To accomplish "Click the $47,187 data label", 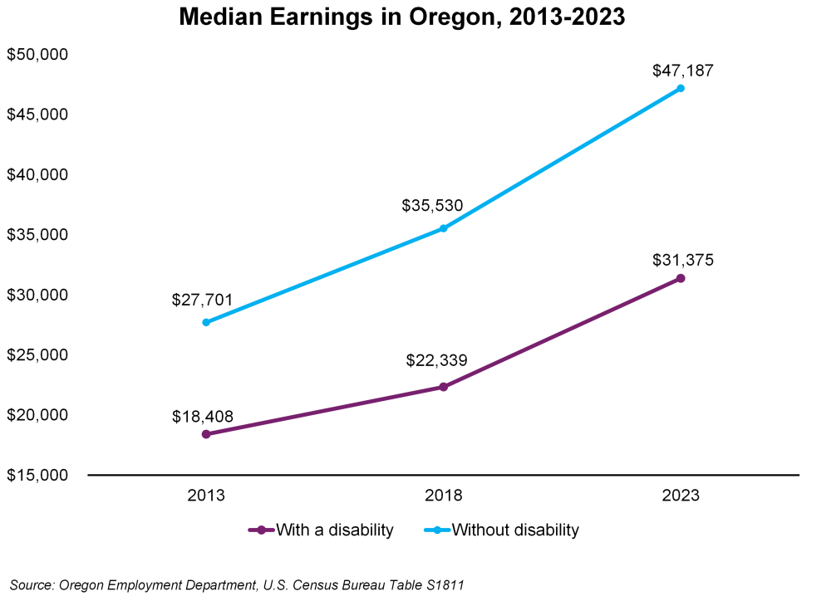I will tap(682, 70).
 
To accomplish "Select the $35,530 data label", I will tap(432, 205).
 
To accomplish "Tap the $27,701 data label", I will tap(203, 300).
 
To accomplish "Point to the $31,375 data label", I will tap(682, 260).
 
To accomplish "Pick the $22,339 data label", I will tap(437, 361).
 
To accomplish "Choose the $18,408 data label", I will tap(203, 416).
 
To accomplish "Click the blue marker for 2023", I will tap(681, 88).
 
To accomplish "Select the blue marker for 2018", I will tap(444, 228).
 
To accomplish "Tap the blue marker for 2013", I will tap(206, 322).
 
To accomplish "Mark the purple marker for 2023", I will tap(681, 278).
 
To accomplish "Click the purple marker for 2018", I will tap(444, 387).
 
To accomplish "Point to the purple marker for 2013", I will tap(206, 434).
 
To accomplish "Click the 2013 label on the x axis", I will tap(206, 496).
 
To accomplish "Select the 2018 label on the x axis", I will tap(444, 496).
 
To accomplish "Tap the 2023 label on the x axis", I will tap(681, 496).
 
